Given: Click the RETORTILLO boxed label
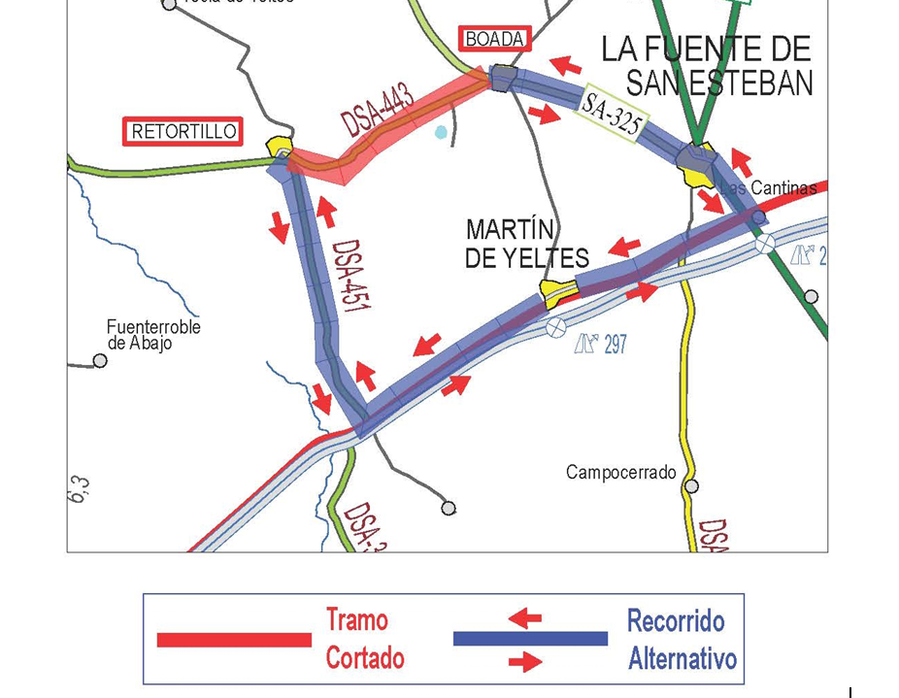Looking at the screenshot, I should tap(183, 132).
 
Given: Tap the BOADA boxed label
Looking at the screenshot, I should tap(495, 39).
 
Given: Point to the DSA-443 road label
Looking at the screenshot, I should tap(379, 111).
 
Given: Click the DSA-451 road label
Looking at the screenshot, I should tap(350, 276).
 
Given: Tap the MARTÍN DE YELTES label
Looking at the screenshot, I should tap(527, 244).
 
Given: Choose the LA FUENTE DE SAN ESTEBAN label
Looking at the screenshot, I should tap(707, 65).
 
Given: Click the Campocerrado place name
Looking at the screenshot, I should tap(620, 473).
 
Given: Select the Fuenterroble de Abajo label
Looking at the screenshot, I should tap(153, 334).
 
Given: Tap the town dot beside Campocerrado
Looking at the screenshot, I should tap(691, 485).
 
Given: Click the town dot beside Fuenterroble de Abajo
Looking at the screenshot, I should tap(100, 361).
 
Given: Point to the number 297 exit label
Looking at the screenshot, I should tap(615, 344).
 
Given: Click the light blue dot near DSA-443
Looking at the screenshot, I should tap(442, 132).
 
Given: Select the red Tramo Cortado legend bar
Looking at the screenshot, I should tap(234, 640).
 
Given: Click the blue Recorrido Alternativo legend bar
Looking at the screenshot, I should tap(530, 639).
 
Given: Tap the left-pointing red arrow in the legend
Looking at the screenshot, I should tap(525, 617).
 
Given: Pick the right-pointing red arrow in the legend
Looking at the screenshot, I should tap(525, 662).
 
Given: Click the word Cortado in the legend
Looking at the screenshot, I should tap(364, 658).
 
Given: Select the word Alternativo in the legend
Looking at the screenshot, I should tap(682, 658).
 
